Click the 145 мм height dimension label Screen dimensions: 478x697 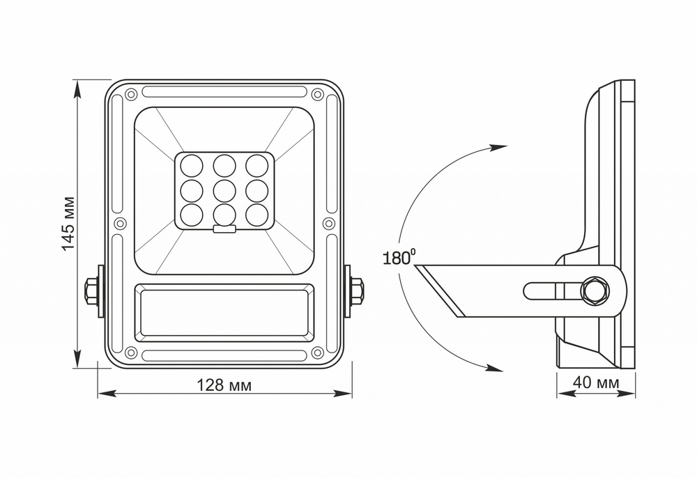[68, 224]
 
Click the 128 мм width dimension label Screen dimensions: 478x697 [224, 385]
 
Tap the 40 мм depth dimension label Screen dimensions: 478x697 [596, 383]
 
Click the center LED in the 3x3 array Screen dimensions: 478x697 [224, 189]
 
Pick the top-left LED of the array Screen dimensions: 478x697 [190, 165]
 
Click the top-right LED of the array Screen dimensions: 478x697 [256, 165]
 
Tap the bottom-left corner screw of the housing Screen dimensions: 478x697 [130, 353]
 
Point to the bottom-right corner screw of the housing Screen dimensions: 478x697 [317, 353]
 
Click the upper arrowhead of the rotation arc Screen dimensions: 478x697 [498, 147]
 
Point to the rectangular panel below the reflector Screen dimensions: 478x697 [224, 311]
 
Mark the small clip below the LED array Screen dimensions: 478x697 [224, 227]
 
